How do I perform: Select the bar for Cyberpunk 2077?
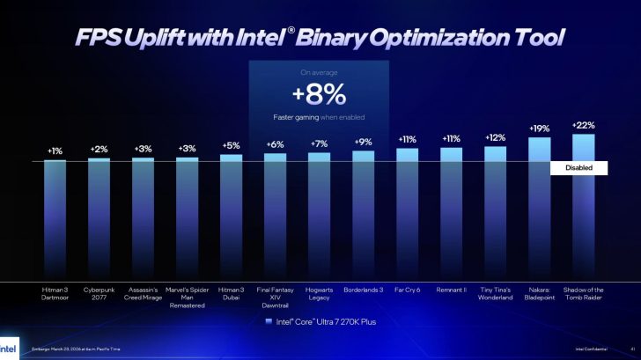coord(99,220)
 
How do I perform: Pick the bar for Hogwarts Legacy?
coord(319,217)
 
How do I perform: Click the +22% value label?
coord(583,124)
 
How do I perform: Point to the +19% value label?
coord(539,129)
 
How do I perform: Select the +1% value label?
coord(55,151)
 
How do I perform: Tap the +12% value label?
coord(495,137)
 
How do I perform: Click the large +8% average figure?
coord(319,94)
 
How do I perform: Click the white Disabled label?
coord(578,168)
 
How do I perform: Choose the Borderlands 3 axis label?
coord(363,289)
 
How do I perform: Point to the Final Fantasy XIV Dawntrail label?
coord(275,297)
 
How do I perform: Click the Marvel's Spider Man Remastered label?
coord(187,297)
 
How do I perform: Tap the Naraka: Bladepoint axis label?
coord(539,293)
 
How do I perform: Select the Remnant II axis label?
coord(451,289)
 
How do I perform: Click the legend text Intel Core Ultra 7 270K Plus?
coord(326,322)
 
